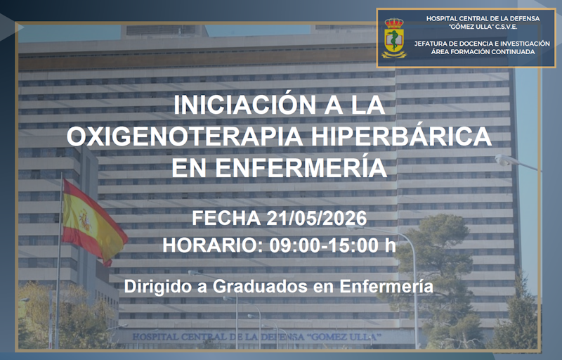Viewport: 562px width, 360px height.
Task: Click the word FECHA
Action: (x=226, y=218)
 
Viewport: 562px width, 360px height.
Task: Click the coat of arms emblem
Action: (x=393, y=38)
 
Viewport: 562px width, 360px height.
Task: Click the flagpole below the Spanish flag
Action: (x=56, y=302)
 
